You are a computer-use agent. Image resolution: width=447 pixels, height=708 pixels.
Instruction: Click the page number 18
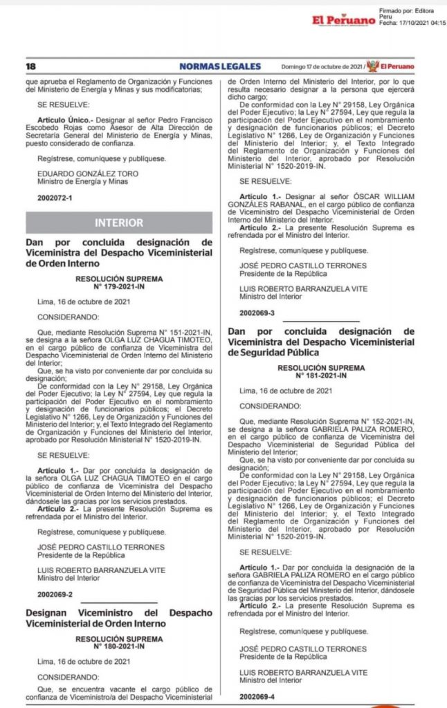pyautogui.click(x=30, y=66)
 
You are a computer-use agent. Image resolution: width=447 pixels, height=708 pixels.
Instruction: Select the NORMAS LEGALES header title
pyautogui.click(x=220, y=66)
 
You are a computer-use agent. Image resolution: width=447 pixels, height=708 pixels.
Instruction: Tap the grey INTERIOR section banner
pyautogui.click(x=120, y=223)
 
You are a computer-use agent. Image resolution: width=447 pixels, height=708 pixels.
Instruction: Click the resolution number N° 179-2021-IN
pyautogui.click(x=120, y=286)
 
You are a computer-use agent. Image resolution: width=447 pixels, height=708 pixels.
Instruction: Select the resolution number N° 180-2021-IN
pyautogui.click(x=120, y=646)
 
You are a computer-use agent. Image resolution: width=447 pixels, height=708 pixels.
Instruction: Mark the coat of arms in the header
pyautogui.click(x=372, y=66)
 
